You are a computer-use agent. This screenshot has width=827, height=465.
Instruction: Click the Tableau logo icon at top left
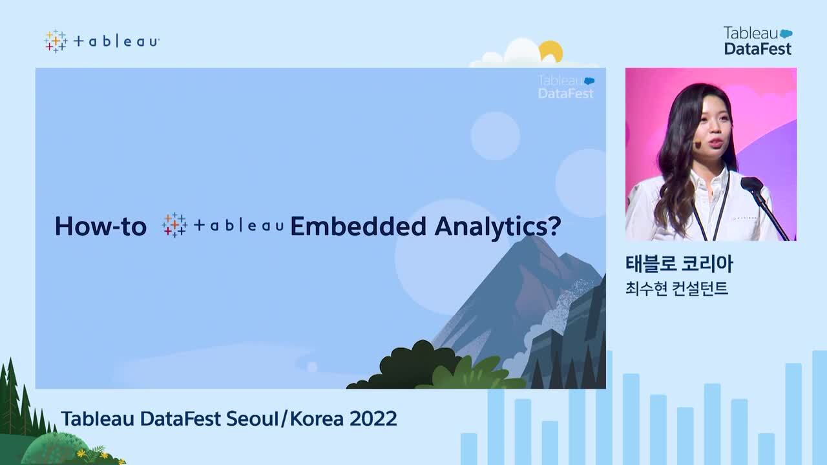[x=56, y=41]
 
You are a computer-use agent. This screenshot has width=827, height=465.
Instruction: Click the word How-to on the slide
[x=100, y=226]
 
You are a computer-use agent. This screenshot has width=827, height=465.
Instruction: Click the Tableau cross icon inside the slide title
[x=174, y=225]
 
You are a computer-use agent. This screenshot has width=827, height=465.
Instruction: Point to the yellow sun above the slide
[x=551, y=50]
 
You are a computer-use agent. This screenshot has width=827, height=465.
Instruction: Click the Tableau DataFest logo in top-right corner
[x=757, y=41]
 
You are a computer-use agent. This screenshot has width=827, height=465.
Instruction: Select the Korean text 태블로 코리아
[x=679, y=264]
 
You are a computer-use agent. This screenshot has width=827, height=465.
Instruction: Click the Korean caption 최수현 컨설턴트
[x=676, y=288]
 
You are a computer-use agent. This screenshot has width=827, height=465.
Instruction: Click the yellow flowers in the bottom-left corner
[x=97, y=451]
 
